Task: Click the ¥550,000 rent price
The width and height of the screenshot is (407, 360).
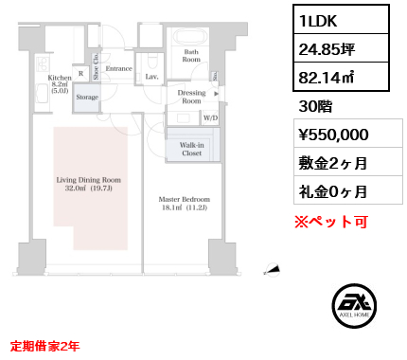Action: [x=332, y=134]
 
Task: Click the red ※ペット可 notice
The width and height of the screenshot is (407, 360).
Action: [x=331, y=223]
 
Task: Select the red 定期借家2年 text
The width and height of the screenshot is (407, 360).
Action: [x=45, y=346]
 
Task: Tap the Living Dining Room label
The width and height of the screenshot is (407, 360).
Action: [x=88, y=178]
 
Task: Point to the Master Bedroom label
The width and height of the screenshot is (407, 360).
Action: [x=185, y=199]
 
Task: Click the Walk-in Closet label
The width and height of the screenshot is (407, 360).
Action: [x=191, y=148]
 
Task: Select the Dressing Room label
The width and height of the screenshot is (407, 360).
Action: [x=192, y=97]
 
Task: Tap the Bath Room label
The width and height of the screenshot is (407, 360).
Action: [x=191, y=56]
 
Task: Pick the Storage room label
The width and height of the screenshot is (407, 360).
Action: [x=87, y=97]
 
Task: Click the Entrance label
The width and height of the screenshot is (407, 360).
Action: [x=118, y=68]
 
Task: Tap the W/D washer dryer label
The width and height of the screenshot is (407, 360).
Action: [x=210, y=118]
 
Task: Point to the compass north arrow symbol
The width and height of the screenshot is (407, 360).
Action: [x=273, y=270]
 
